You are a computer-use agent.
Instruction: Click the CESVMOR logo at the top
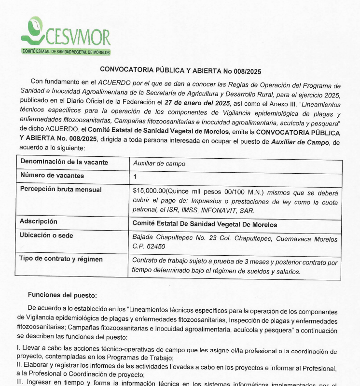point(66,34)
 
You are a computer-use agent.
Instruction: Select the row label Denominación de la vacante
point(64,163)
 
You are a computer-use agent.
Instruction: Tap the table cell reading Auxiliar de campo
point(159,164)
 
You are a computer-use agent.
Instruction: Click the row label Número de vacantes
point(52,176)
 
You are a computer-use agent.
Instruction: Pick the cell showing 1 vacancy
point(135,177)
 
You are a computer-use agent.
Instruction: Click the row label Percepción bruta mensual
point(60,190)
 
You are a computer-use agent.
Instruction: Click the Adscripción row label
point(38,221)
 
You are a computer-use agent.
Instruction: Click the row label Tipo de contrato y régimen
point(61,259)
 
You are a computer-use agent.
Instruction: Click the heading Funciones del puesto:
point(62,295)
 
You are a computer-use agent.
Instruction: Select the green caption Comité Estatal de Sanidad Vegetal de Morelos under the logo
point(66,52)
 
